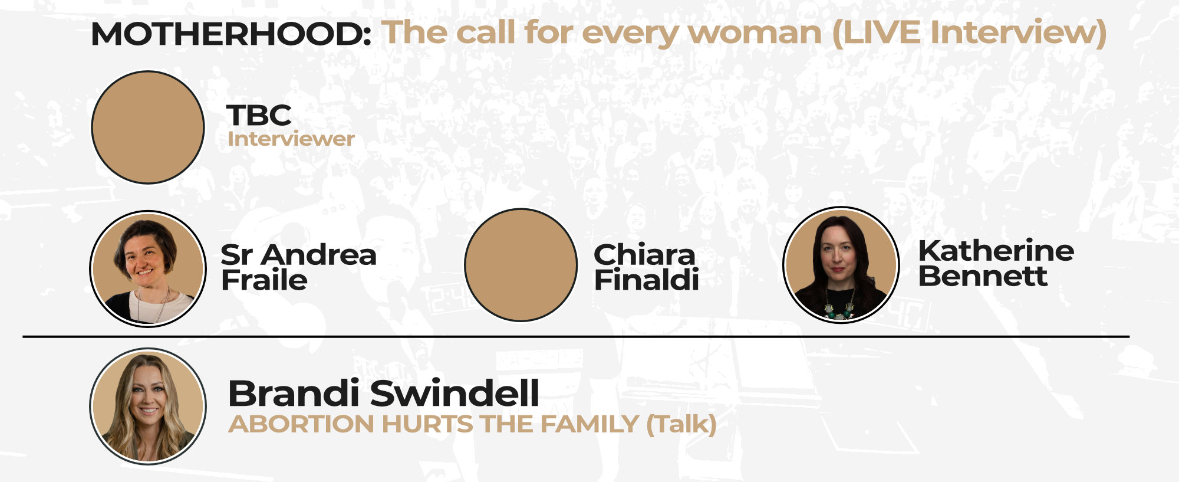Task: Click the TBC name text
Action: point(259,115)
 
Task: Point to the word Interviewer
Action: point(291,139)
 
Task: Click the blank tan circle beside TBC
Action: point(148,127)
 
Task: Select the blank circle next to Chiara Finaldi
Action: point(521,265)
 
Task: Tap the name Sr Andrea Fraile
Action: point(298,267)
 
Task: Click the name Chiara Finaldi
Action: point(646,267)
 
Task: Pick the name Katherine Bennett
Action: point(996,263)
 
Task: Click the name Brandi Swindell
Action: point(383,394)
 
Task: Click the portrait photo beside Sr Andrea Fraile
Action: point(148,268)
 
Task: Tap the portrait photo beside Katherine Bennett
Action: point(841,265)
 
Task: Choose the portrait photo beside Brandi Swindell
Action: point(148,406)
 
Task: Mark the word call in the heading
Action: point(487,32)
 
